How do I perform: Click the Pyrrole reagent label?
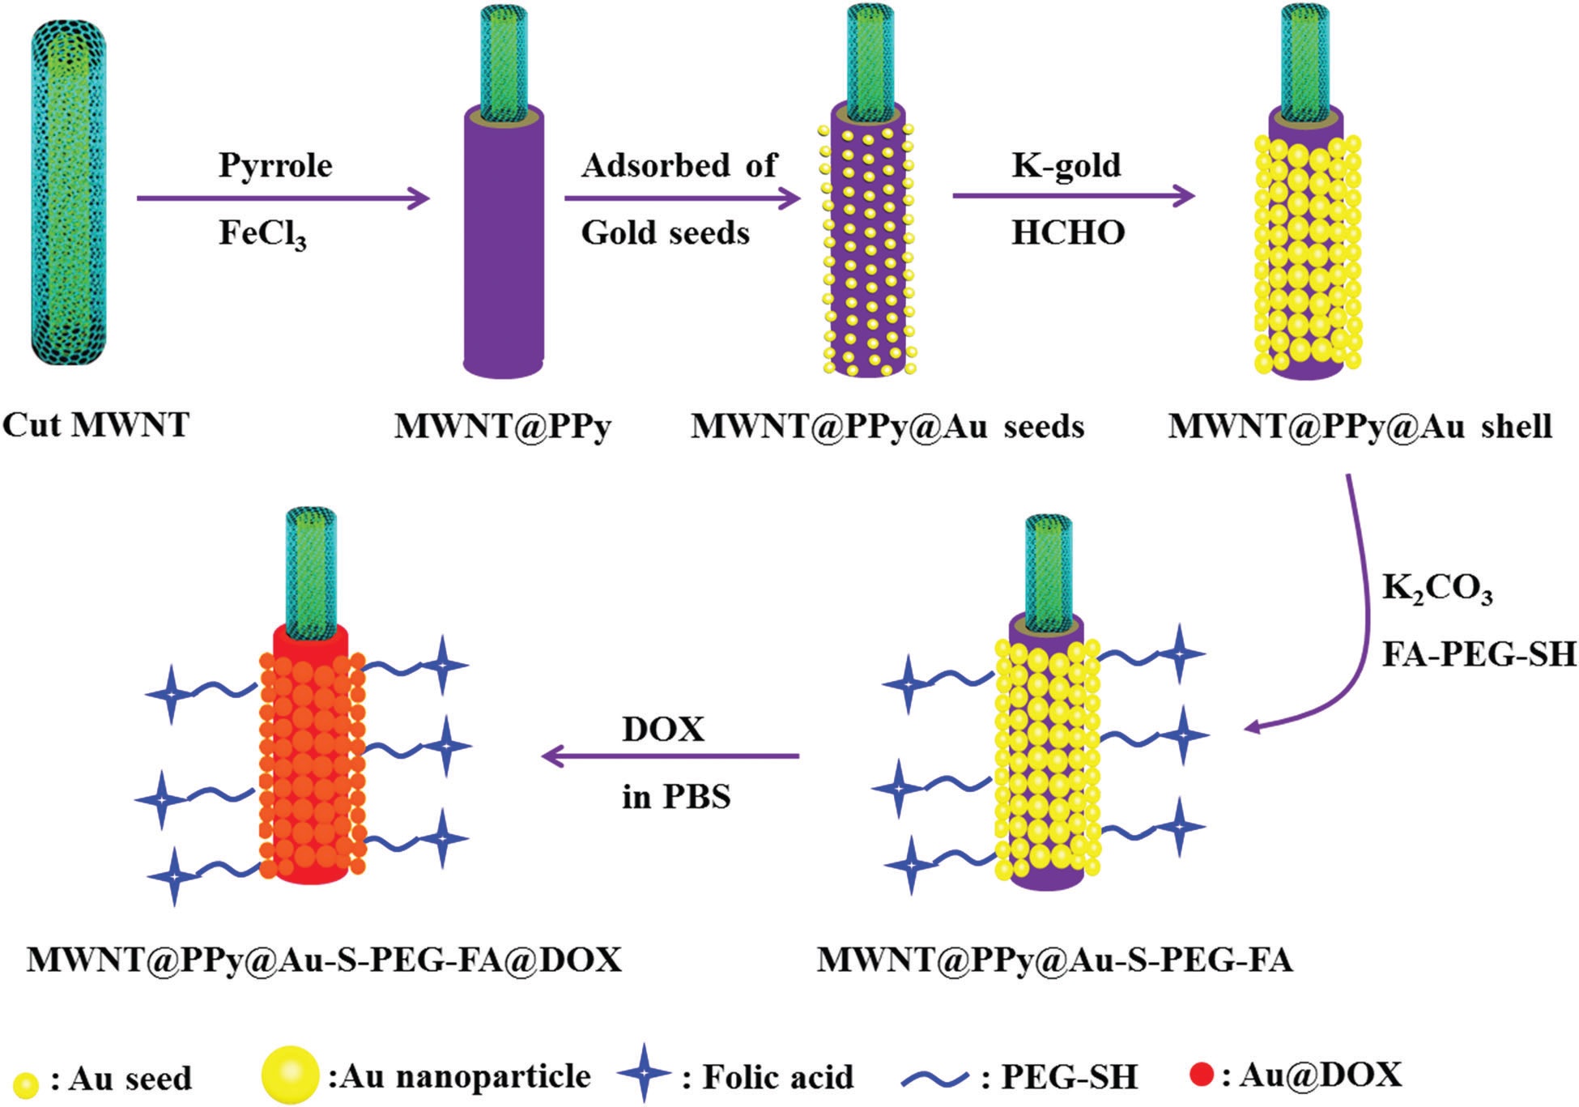pos(275,165)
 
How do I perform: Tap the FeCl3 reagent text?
pos(262,234)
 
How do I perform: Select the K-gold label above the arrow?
pos(1066,165)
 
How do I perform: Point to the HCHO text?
pos(1068,233)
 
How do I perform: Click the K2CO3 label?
pos(1436,589)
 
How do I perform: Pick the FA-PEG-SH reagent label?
pos(1479,654)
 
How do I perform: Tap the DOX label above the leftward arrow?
pos(663,730)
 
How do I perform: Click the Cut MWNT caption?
pos(96,425)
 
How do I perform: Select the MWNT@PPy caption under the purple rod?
pos(503,427)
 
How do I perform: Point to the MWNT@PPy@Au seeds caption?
pos(887,427)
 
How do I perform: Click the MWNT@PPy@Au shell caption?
pos(1360,427)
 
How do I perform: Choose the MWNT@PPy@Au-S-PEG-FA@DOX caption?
pos(324,960)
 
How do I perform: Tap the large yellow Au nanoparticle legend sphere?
pos(290,1075)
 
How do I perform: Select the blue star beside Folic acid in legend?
pos(644,1073)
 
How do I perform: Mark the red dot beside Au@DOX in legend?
pos(1202,1075)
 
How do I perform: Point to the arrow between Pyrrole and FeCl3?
pos(283,198)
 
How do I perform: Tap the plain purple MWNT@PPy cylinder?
pos(503,243)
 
